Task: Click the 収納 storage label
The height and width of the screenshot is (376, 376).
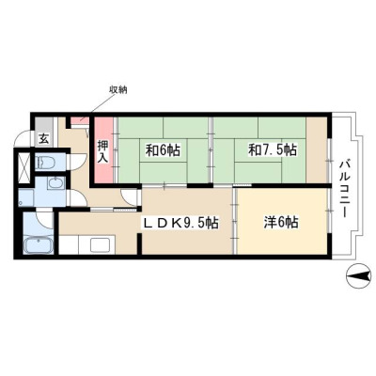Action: point(118,90)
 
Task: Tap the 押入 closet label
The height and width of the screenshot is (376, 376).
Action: point(102,152)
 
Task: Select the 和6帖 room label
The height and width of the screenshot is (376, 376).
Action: point(163,150)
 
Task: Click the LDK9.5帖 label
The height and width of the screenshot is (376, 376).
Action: point(180,223)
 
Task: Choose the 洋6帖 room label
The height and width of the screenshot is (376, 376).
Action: point(281,223)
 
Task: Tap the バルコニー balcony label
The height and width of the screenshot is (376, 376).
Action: point(346,188)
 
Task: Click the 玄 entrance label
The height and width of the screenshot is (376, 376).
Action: point(44,138)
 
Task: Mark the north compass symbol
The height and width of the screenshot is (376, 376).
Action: point(358,275)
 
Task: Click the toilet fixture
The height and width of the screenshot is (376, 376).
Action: point(45,162)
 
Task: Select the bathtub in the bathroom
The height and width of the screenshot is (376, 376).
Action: point(39,244)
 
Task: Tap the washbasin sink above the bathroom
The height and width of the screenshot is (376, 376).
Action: point(56,182)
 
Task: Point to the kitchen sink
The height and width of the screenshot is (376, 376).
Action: point(100,244)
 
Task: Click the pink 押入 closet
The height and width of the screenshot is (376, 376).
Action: point(103,149)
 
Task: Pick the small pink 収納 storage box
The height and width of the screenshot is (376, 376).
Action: point(79,119)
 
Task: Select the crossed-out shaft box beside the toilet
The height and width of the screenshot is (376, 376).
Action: point(24,167)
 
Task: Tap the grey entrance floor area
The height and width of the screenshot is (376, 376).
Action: point(44,132)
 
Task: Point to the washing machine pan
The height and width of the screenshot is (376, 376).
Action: point(26,197)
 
